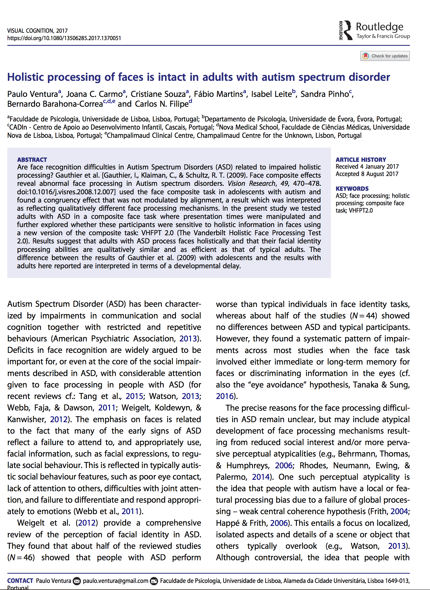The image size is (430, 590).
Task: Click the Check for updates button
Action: point(385,56)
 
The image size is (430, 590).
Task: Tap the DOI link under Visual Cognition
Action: point(64,38)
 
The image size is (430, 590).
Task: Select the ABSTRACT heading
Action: point(32,160)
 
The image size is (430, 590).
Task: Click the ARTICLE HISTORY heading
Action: point(361,160)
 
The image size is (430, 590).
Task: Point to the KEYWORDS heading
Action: point(352,189)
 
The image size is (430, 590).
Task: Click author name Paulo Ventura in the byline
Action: point(32,94)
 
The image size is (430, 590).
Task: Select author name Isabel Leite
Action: point(271,94)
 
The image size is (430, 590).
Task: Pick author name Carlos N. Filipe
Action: point(162,104)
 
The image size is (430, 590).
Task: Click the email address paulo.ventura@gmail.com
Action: point(115,581)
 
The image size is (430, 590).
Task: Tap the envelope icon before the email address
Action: point(77,581)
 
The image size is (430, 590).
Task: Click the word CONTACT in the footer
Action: point(20,581)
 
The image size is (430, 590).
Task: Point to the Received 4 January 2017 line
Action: point(367,166)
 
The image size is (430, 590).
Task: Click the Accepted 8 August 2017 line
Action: point(367,174)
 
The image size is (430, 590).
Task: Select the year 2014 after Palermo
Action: point(261,477)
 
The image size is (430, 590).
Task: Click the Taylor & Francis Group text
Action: point(383,36)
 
